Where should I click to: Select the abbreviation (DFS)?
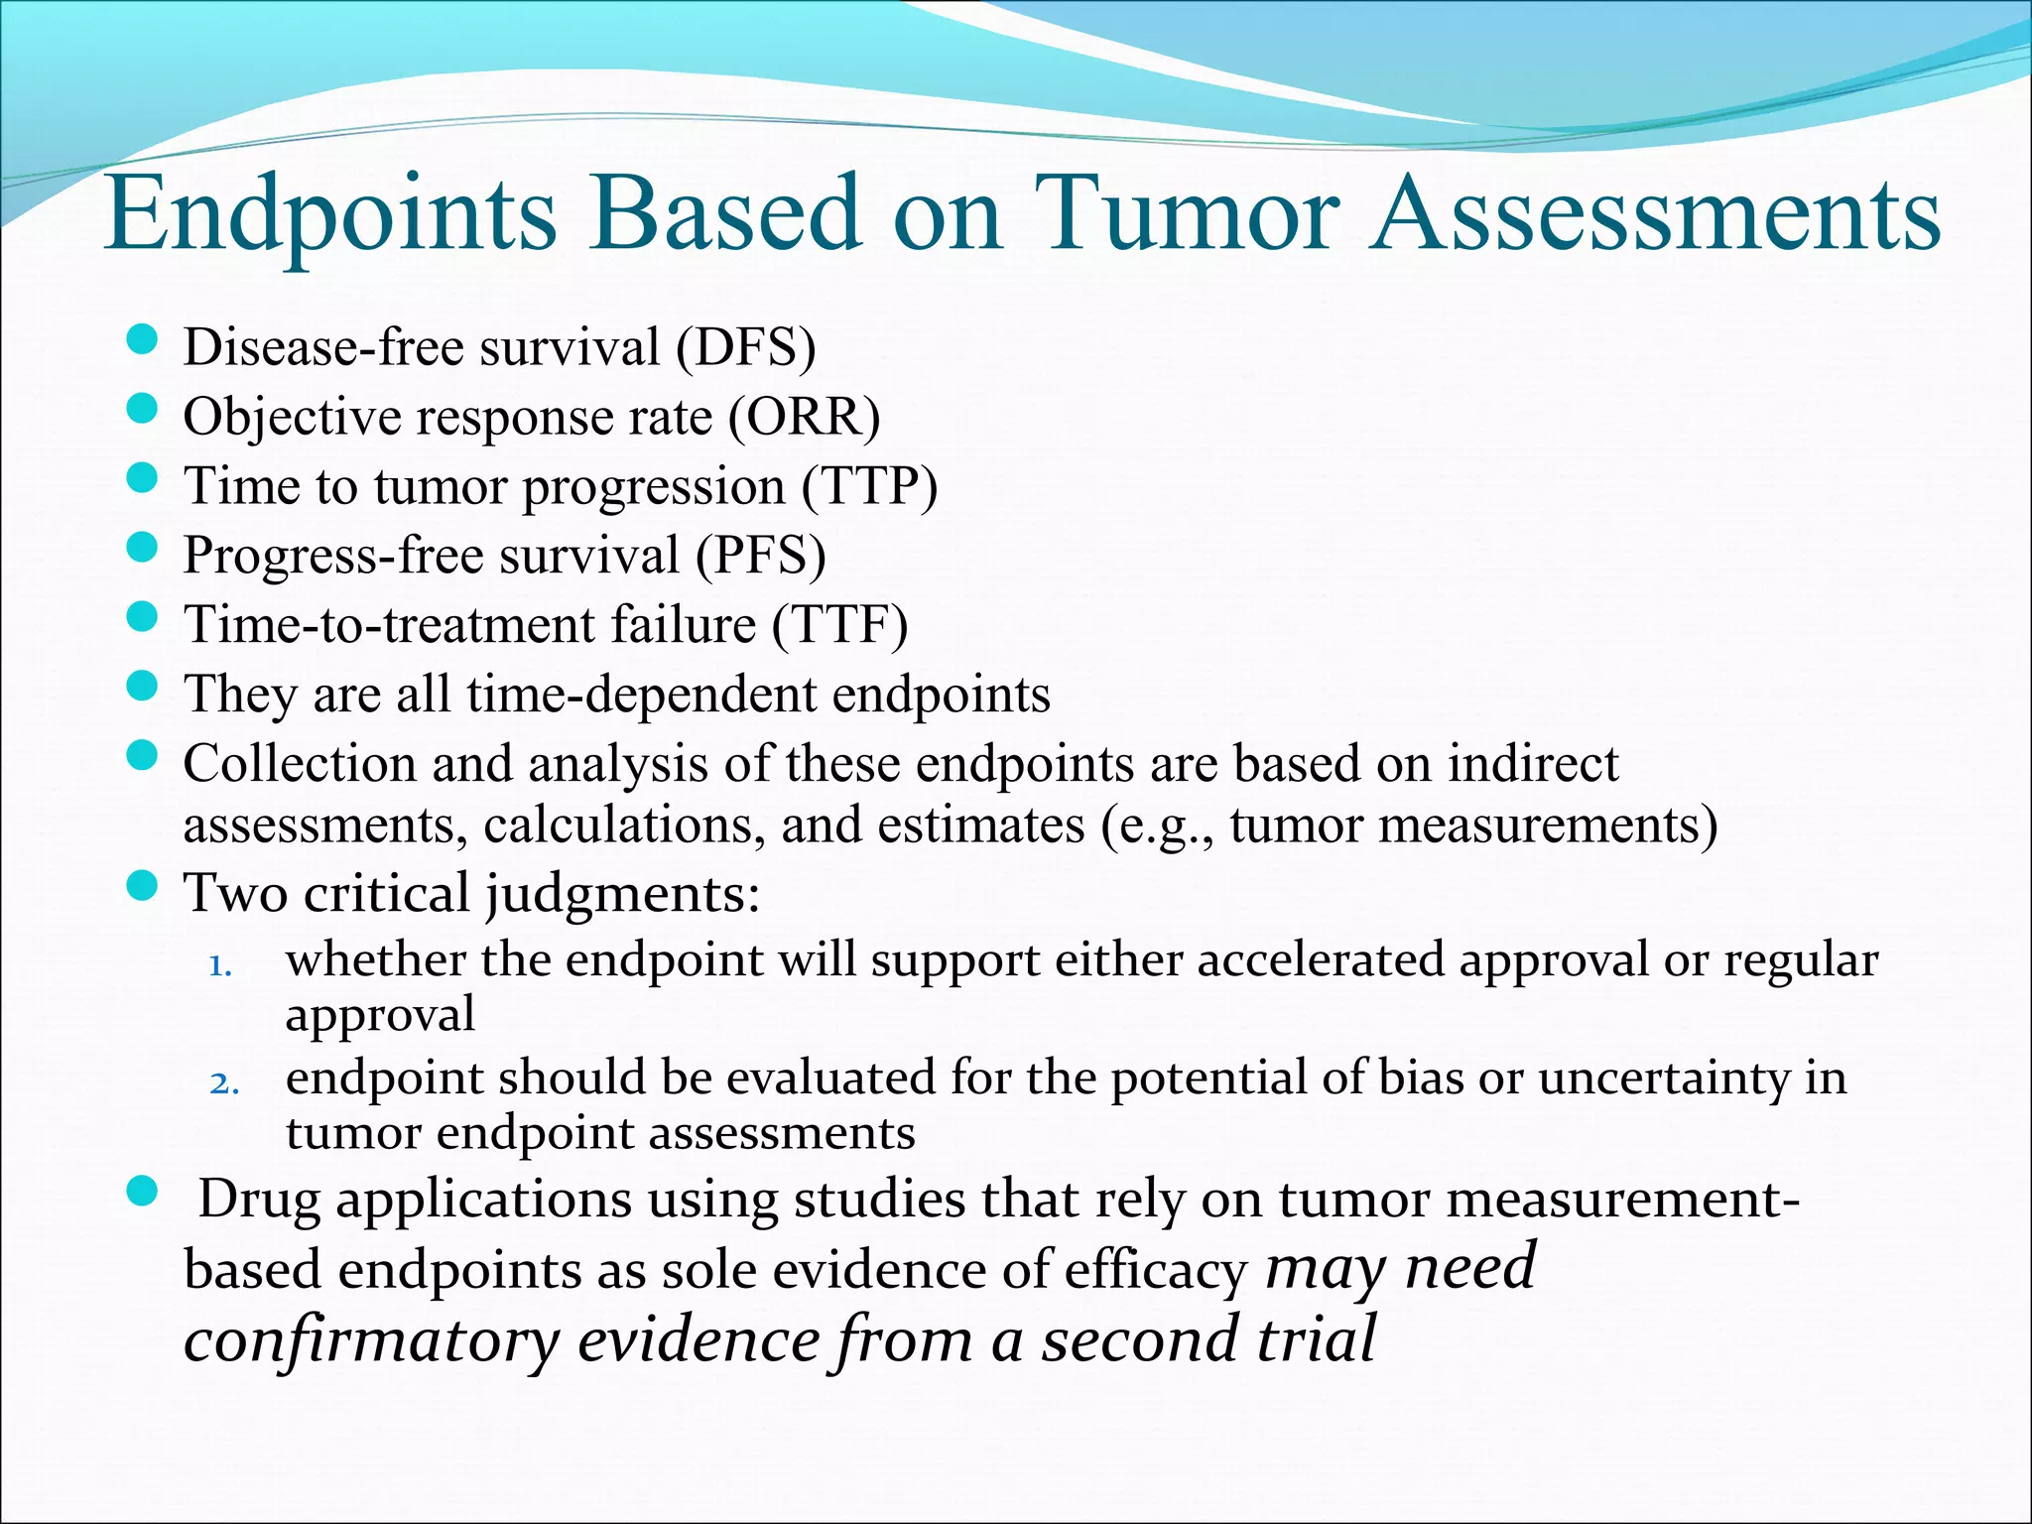point(746,348)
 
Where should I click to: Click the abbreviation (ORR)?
point(804,418)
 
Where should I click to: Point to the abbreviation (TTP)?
point(869,487)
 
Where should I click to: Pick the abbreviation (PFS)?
point(760,556)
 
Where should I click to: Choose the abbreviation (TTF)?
point(839,625)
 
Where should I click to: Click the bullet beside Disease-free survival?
point(144,342)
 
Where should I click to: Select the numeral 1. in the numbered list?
point(220,965)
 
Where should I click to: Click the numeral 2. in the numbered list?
point(223,1082)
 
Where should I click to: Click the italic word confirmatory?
point(372,1340)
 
